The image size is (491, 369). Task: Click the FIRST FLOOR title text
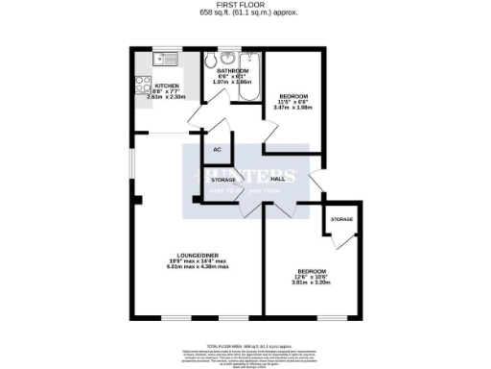245,5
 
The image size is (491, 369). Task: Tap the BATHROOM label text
231,70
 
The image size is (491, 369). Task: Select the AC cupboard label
217,150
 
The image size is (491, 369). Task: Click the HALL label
280,180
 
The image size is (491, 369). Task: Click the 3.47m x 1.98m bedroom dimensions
293,108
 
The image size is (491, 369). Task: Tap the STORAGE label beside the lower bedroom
340,219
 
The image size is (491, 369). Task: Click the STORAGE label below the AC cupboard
223,181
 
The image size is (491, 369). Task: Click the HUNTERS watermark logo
245,177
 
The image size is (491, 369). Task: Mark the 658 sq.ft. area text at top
245,13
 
